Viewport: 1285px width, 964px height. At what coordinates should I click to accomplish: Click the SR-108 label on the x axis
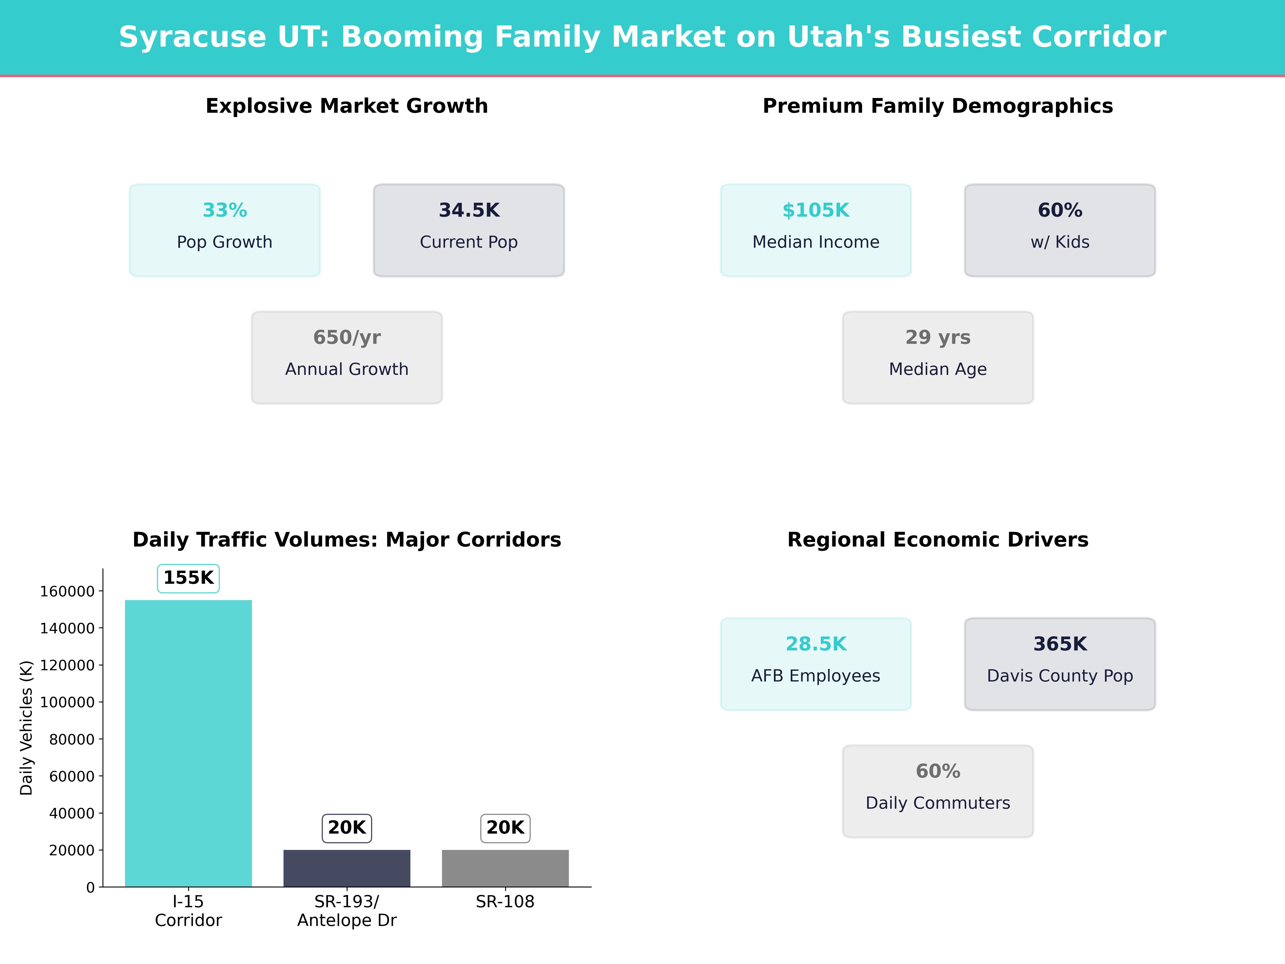505,902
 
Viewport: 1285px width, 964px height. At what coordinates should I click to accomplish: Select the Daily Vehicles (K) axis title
26,728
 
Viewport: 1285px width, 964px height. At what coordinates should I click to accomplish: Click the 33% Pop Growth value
225,210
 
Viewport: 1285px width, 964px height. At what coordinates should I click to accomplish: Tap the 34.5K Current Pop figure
469,210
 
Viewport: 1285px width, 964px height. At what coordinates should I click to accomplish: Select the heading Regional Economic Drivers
938,540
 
